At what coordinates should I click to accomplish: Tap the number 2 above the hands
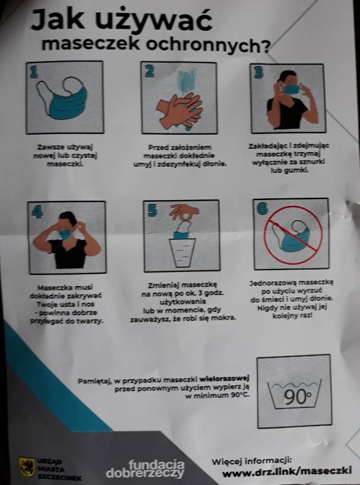150,71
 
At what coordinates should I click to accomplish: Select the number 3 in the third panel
258,72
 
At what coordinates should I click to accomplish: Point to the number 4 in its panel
37,212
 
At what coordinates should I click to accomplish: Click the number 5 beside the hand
152,210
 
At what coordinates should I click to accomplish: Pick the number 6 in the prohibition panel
262,208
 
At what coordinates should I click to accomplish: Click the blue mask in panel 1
68,103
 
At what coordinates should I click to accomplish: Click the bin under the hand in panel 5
182,252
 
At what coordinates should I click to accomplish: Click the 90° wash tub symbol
294,394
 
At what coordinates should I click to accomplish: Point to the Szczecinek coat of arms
27,467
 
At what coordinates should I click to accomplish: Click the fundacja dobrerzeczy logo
145,469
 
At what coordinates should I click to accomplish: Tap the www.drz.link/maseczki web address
287,471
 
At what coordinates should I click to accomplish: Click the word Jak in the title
57,20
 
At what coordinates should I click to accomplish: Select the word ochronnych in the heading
208,45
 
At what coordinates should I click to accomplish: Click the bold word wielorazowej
225,378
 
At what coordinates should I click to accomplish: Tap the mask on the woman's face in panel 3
291,90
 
